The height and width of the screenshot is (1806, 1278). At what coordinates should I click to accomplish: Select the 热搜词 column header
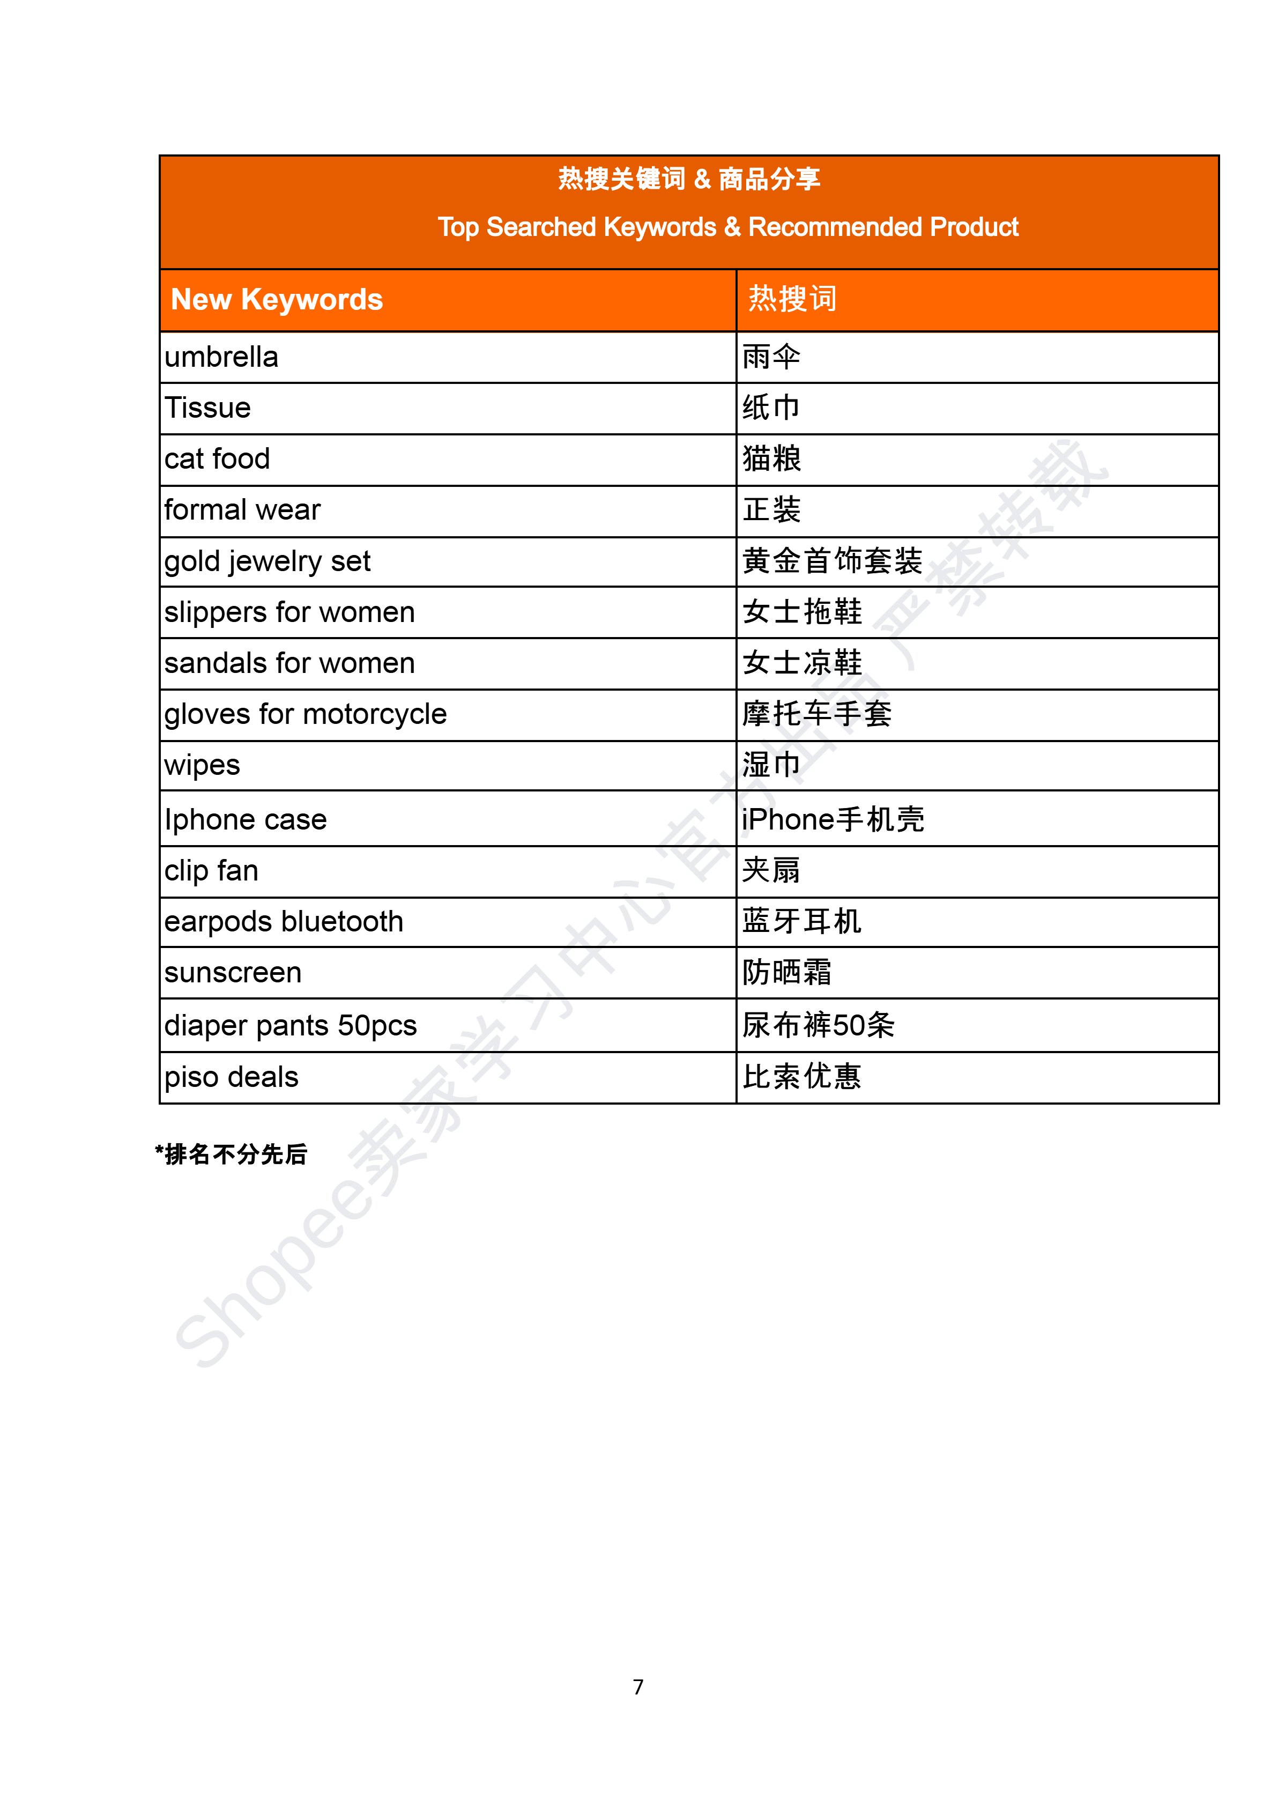coord(792,300)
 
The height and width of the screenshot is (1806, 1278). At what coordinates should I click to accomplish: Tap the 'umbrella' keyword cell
coord(221,357)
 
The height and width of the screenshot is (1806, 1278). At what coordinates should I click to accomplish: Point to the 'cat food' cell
coord(217,459)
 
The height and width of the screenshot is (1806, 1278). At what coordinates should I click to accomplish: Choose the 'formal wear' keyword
coord(242,510)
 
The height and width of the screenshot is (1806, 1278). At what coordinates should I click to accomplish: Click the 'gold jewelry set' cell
coord(267,561)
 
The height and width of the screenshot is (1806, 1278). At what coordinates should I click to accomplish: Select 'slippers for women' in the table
coord(289,612)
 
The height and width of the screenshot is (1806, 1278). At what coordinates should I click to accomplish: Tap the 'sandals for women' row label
coord(289,663)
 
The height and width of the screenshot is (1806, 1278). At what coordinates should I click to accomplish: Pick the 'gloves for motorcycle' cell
coord(306,715)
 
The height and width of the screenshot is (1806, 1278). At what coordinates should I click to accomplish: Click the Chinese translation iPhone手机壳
coord(833,819)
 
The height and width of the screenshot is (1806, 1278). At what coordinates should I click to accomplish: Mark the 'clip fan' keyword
coord(211,871)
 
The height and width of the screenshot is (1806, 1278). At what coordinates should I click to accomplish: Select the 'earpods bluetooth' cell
coord(283,921)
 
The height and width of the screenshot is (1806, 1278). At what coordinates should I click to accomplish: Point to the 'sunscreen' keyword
coord(233,973)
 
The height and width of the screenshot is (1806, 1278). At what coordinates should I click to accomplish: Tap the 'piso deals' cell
coord(232,1077)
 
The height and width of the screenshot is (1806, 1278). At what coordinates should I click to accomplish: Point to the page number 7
coord(638,1687)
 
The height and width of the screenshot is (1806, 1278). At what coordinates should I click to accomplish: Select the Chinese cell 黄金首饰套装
coord(832,561)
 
